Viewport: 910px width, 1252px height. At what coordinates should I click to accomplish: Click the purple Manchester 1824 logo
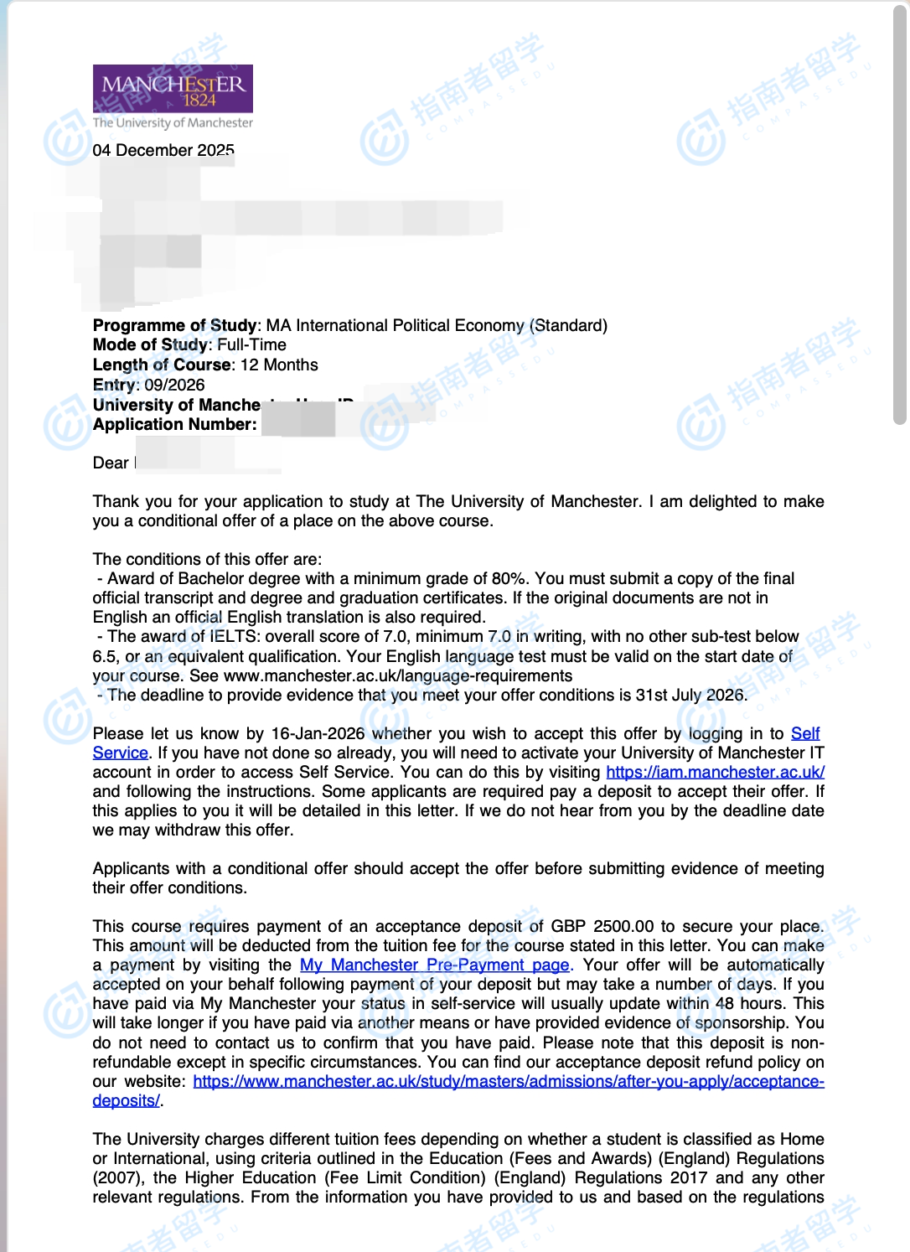click(x=173, y=88)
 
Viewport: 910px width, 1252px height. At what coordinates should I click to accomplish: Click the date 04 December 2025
click(x=163, y=150)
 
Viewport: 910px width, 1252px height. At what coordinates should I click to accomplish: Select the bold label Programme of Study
click(x=174, y=325)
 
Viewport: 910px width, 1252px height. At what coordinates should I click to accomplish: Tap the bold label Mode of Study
click(x=150, y=344)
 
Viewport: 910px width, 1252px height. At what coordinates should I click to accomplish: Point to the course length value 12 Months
click(x=279, y=365)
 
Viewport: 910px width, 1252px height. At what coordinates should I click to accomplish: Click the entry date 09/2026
click(x=174, y=385)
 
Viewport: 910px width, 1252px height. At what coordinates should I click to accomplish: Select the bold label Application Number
click(x=174, y=424)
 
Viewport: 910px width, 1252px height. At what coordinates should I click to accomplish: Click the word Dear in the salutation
click(x=111, y=463)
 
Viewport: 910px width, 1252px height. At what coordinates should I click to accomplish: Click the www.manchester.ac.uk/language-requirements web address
click(x=398, y=675)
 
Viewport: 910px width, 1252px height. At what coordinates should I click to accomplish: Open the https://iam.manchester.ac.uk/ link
click(x=715, y=772)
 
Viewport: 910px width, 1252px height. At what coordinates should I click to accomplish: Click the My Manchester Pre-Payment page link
click(x=434, y=965)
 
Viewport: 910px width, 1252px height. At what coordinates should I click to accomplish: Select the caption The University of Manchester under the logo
click(x=173, y=122)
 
